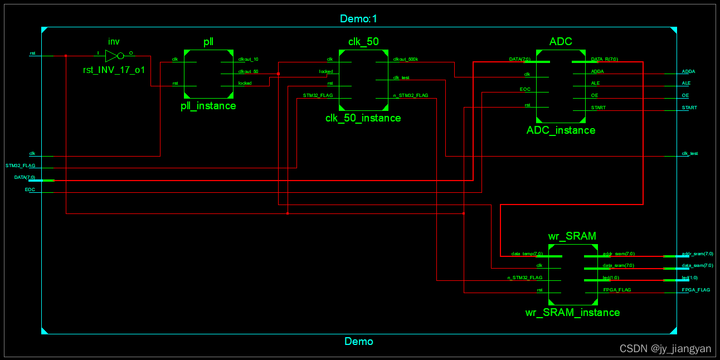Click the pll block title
coord(209,42)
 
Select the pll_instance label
coord(209,105)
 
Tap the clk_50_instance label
coord(363,118)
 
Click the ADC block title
coord(560,42)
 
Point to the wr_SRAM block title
coord(572,236)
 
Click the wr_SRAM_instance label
coord(572,312)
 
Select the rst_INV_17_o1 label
coord(114,70)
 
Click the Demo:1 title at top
coord(359,18)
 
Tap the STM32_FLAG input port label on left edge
coord(20,166)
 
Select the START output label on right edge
coord(689,108)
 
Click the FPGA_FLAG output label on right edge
coord(695,290)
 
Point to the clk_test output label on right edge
coord(689,153)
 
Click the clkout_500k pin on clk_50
coord(405,59)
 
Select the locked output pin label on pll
coord(245,83)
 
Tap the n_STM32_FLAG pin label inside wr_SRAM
coord(524,278)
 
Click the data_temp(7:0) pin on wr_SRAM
coord(527,254)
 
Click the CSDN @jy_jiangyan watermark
coord(665,349)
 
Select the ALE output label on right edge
coord(686,83)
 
